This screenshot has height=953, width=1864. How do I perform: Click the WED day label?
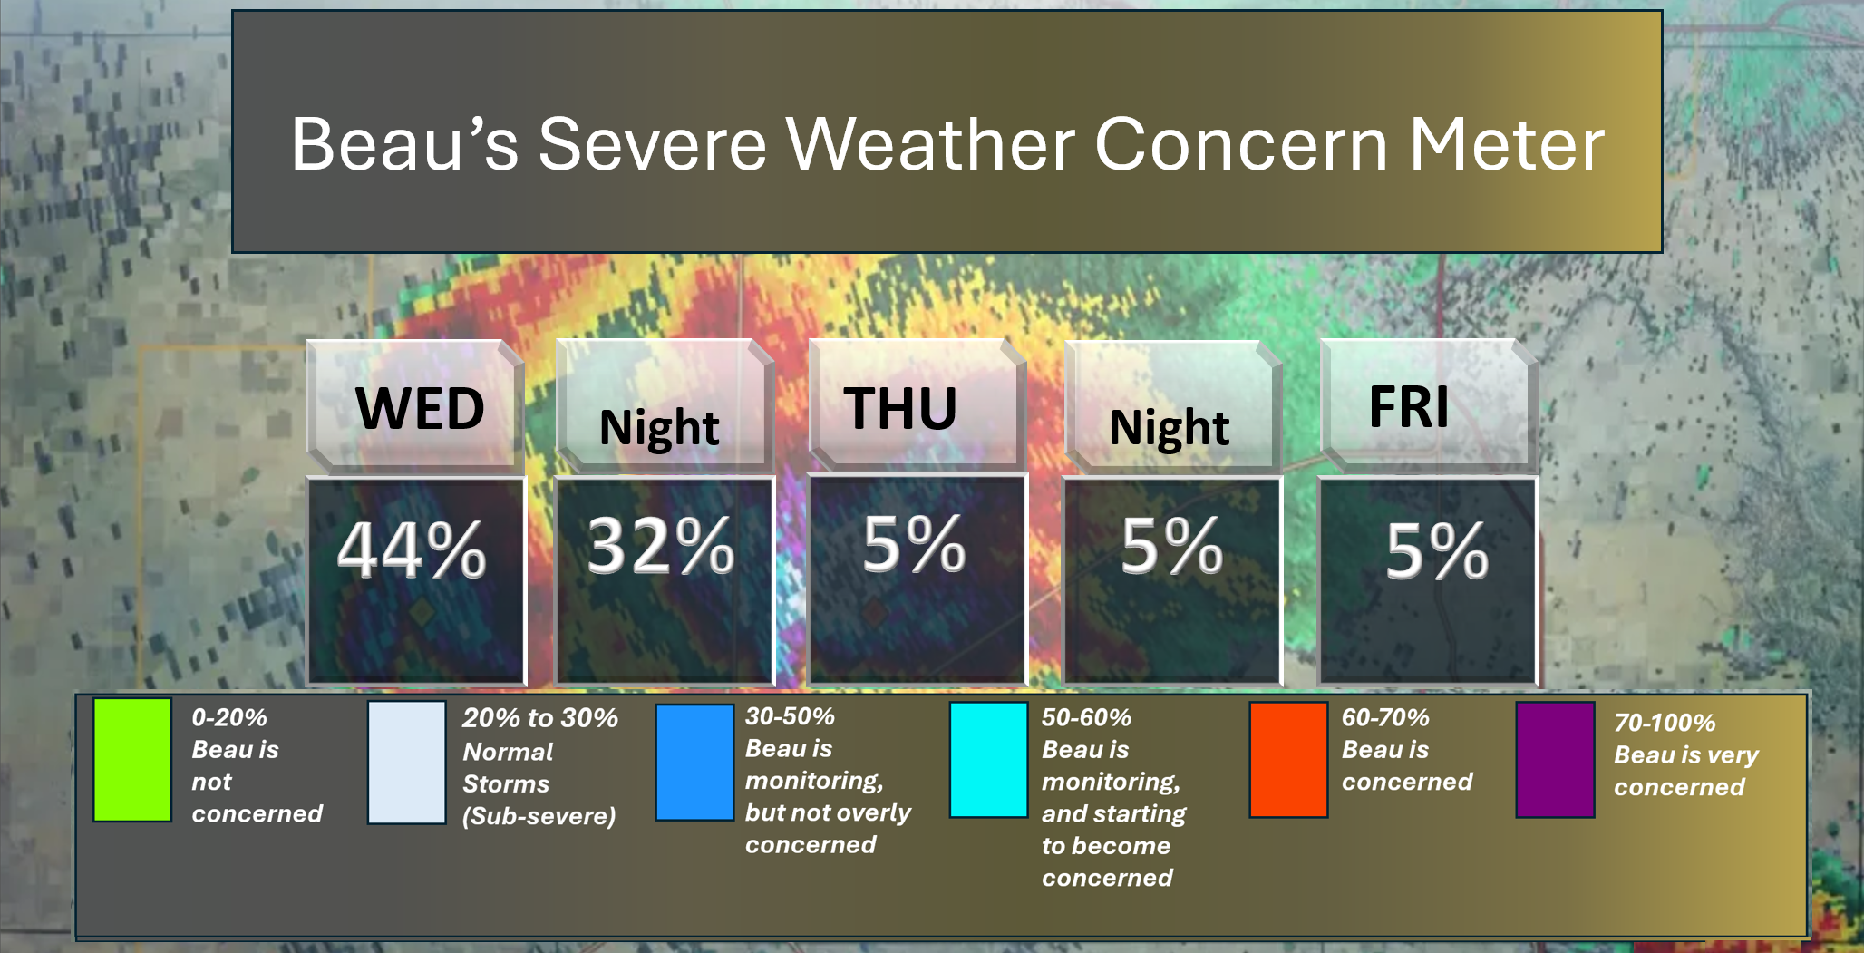click(x=420, y=408)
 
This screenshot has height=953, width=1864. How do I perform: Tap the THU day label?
click(x=900, y=408)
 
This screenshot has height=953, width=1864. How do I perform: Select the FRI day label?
click(x=1409, y=406)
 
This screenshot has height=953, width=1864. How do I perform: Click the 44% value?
click(x=412, y=549)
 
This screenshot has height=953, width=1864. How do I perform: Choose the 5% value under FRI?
click(x=1437, y=550)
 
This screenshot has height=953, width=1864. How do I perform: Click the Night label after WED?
click(x=659, y=428)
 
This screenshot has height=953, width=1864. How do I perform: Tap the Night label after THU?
click(x=1170, y=428)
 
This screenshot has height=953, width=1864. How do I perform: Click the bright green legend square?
click(x=132, y=760)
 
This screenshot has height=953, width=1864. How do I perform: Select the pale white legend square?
click(x=406, y=763)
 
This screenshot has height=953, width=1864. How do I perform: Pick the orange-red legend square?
click(x=1288, y=760)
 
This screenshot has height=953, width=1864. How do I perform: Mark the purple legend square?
click(x=1555, y=760)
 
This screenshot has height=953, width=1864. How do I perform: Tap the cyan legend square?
click(x=988, y=760)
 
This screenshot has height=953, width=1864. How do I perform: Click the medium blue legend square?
click(x=694, y=763)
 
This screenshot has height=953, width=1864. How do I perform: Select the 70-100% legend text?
click(x=1665, y=723)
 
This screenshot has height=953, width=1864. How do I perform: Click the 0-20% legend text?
click(x=229, y=717)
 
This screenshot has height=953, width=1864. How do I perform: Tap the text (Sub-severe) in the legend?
click(x=539, y=816)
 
